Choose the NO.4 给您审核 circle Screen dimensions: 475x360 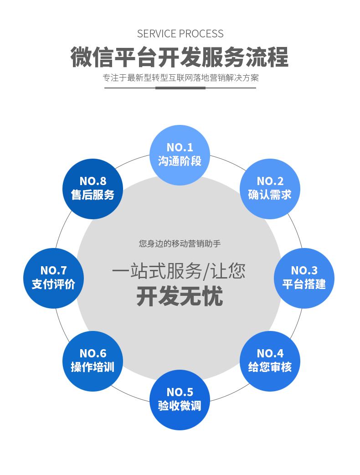(x=270, y=361)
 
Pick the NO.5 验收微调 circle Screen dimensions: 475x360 (x=180, y=399)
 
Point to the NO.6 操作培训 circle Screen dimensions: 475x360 (x=93, y=361)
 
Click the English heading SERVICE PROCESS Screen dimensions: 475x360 (x=180, y=34)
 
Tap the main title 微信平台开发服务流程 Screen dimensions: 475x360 (x=180, y=57)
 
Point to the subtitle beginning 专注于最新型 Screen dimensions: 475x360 (x=180, y=77)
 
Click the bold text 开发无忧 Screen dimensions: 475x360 (x=180, y=297)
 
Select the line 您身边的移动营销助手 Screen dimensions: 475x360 (x=180, y=244)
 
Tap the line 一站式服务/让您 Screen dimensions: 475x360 (x=179, y=272)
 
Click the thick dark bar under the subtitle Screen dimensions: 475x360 (x=180, y=88)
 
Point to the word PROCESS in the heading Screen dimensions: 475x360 (x=201, y=34)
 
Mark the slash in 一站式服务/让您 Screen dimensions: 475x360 (x=206, y=272)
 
